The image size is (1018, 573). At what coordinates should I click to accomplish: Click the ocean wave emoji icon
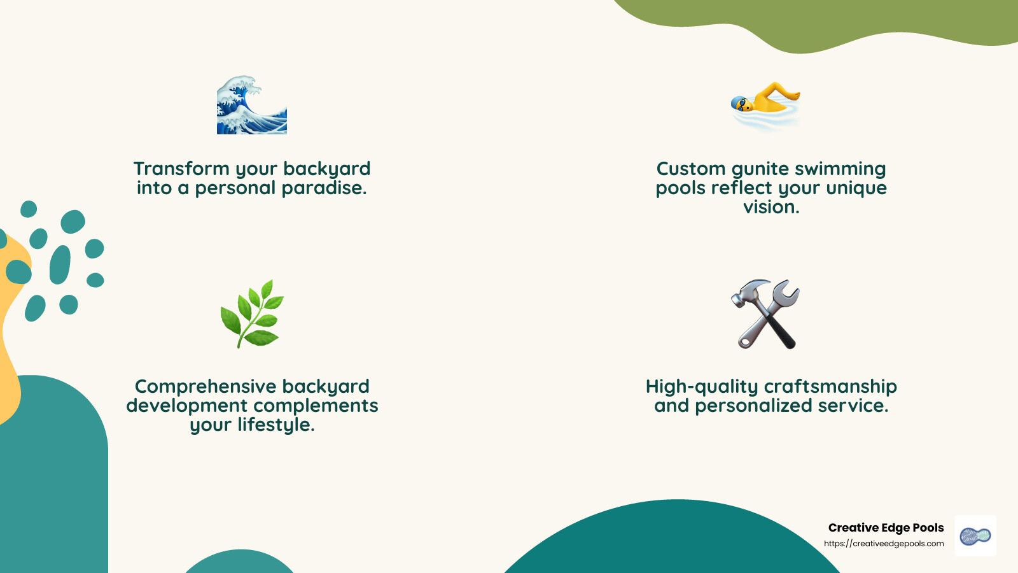(252, 105)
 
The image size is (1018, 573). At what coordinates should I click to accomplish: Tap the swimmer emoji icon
(766, 104)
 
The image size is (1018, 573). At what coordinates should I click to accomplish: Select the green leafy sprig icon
(252, 313)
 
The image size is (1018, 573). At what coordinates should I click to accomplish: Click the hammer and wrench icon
(765, 314)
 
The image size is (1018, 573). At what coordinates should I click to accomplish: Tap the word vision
(771, 207)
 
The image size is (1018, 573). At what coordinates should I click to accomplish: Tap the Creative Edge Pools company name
(886, 528)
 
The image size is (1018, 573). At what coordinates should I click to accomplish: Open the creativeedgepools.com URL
(884, 544)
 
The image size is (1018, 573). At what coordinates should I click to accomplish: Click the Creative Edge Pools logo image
(975, 536)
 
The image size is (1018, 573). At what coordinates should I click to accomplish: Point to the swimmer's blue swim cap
(738, 102)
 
